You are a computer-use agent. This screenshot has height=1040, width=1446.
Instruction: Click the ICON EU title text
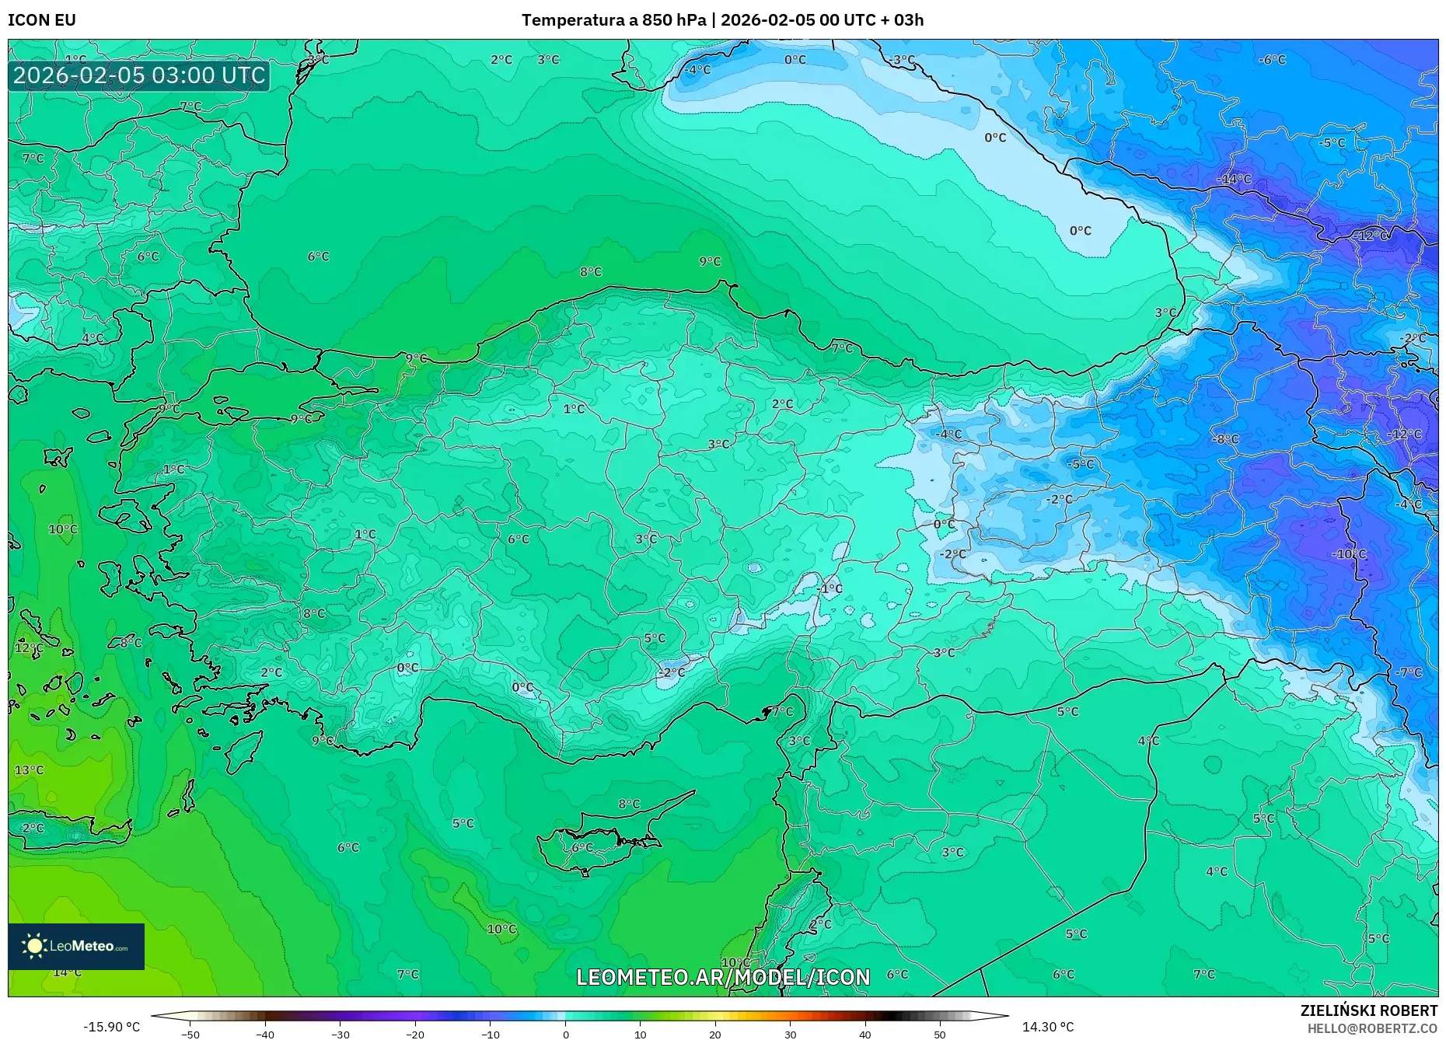(42, 20)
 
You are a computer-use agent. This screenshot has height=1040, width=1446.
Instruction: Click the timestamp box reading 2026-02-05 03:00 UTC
(139, 75)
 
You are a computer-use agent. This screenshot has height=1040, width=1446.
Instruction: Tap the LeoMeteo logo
(76, 946)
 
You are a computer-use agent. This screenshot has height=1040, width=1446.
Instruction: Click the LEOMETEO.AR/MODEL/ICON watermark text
(723, 977)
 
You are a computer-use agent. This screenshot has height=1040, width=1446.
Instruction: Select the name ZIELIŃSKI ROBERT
(1368, 1010)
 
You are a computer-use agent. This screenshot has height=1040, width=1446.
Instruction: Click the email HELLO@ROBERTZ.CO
(1371, 1028)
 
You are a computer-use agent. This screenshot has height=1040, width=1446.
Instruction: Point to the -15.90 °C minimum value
(112, 1027)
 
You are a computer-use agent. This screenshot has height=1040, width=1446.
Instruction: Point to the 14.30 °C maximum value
(1047, 1027)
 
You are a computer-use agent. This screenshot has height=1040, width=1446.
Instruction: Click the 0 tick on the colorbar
(565, 1034)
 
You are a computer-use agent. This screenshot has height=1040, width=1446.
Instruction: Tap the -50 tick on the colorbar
(190, 1034)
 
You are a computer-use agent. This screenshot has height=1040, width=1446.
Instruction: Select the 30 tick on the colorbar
(790, 1034)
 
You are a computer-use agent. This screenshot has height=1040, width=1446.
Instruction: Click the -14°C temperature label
(1234, 180)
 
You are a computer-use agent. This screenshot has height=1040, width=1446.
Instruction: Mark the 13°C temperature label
(30, 770)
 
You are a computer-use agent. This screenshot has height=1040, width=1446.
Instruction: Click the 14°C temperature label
(67, 972)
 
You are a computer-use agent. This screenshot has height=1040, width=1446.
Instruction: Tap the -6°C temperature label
(1272, 60)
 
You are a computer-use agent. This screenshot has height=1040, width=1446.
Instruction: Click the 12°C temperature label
(30, 647)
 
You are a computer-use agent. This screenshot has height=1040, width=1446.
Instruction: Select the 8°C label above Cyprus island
(629, 804)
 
